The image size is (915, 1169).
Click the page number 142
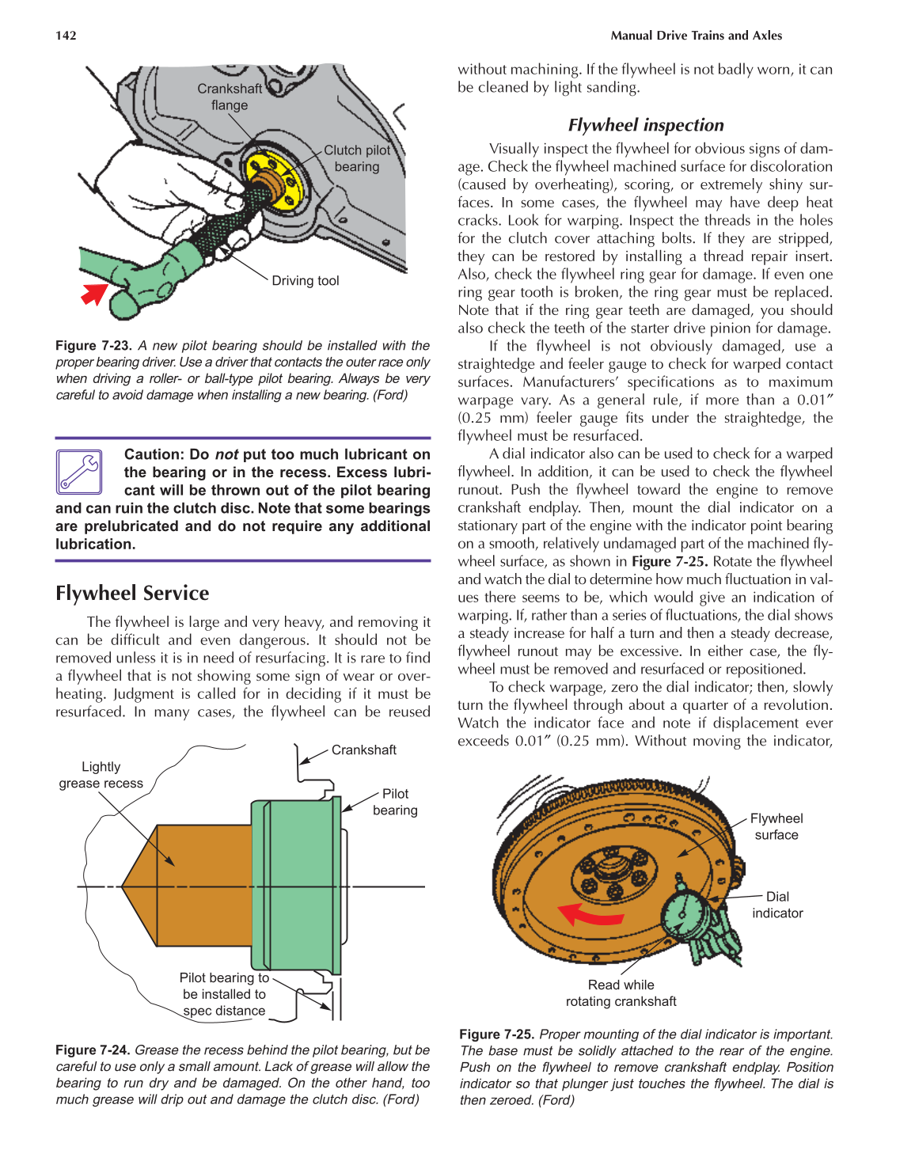click(66, 36)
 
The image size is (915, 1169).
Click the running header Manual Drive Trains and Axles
click(696, 36)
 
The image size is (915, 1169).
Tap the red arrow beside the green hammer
click(95, 294)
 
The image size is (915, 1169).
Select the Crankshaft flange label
click(230, 97)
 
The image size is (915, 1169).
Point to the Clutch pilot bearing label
click(357, 158)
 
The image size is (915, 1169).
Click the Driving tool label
click(305, 281)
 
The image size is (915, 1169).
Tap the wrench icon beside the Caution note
click(79, 472)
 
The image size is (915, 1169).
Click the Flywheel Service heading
click(132, 593)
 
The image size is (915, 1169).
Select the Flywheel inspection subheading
click(645, 125)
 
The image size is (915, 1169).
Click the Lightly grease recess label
click(101, 775)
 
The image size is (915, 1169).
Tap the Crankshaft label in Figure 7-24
click(363, 750)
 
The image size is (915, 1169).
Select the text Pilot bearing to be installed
click(224, 986)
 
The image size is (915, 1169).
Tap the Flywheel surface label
click(776, 826)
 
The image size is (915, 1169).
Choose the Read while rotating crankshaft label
click(621, 993)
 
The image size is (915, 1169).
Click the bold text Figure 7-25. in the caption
click(496, 1034)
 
